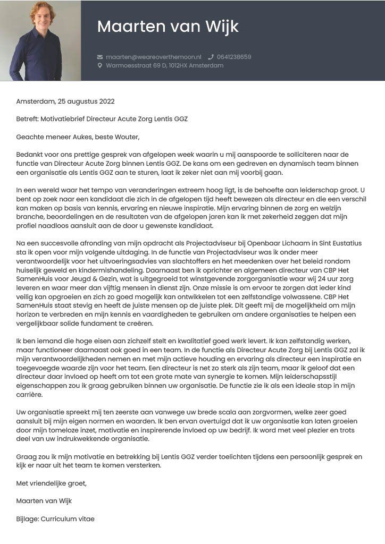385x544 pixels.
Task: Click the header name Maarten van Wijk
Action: pos(168,27)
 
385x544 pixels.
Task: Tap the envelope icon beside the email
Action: pos(99,57)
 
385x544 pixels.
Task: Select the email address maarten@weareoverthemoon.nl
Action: pos(154,57)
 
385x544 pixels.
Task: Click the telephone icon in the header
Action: pos(211,57)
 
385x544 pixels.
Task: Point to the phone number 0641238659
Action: pos(234,57)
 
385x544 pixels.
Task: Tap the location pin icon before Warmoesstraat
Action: pos(99,66)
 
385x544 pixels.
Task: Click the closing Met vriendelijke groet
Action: pos(51,483)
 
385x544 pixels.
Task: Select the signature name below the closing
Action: pos(44,501)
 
